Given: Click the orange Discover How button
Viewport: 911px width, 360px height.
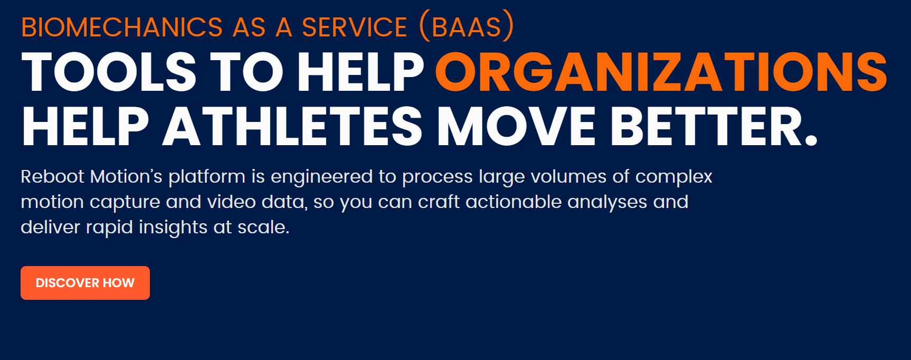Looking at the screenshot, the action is (x=85, y=283).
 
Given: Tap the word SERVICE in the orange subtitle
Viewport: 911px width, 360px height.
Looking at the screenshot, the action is (x=355, y=27).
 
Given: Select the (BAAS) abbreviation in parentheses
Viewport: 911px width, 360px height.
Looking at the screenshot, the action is (x=467, y=26).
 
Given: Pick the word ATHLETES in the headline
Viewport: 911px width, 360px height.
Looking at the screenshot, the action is (x=293, y=127).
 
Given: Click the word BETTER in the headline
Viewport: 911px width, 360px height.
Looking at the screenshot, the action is (x=707, y=127).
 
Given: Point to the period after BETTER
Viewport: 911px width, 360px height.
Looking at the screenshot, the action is (x=811, y=140).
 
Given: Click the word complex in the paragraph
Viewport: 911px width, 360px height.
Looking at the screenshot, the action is (x=674, y=178).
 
